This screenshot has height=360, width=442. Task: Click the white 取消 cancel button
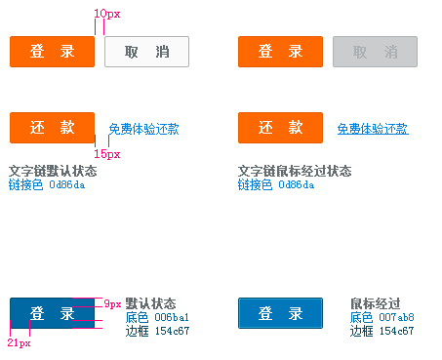click(146, 52)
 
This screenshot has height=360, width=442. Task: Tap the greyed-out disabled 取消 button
click(375, 52)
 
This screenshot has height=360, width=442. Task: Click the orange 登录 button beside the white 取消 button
click(53, 52)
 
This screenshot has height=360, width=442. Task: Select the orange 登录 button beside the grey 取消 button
click(280, 52)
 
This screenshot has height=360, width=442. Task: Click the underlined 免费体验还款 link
click(373, 129)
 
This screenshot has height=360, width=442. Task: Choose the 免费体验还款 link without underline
click(143, 129)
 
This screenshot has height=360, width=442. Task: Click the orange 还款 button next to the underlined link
click(280, 128)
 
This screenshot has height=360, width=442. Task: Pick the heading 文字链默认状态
click(53, 171)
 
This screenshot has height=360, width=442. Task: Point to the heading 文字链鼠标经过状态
click(295, 171)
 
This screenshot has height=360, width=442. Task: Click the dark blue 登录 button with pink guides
click(52, 313)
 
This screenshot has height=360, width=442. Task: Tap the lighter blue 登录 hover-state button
click(280, 313)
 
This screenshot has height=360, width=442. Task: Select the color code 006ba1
click(172, 317)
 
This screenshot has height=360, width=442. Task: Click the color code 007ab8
click(396, 317)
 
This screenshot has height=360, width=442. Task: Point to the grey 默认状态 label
click(150, 303)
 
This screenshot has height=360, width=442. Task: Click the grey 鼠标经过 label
click(376, 303)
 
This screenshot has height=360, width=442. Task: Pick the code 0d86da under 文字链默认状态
click(67, 185)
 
